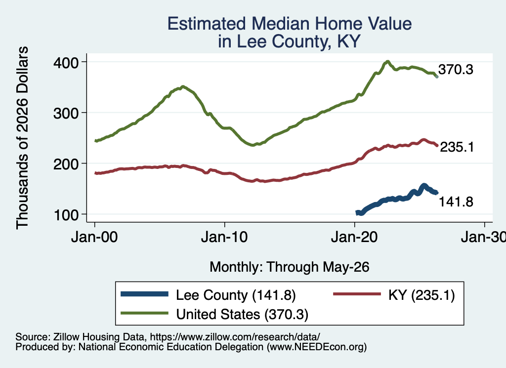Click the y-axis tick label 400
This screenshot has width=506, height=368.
(x=66, y=63)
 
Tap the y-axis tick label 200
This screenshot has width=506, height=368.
(x=66, y=164)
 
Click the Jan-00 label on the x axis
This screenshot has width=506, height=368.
(x=94, y=237)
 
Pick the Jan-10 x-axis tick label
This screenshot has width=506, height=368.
(x=224, y=237)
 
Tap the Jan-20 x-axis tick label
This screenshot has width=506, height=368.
(x=354, y=237)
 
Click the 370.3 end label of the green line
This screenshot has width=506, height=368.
(x=456, y=69)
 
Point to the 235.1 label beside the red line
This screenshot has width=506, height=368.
(x=457, y=147)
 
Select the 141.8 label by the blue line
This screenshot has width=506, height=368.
(x=456, y=202)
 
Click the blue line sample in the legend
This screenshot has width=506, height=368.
(x=145, y=294)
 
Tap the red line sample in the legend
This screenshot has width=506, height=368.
(x=357, y=294)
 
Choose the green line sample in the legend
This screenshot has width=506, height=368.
(x=145, y=313)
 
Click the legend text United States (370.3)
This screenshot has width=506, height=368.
(x=242, y=314)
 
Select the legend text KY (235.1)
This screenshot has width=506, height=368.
(x=422, y=295)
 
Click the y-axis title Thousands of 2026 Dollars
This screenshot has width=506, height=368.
(x=22, y=138)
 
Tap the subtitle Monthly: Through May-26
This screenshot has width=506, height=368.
(x=290, y=267)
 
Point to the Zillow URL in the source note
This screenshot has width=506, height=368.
(x=235, y=337)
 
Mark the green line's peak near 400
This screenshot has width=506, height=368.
(x=387, y=61)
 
